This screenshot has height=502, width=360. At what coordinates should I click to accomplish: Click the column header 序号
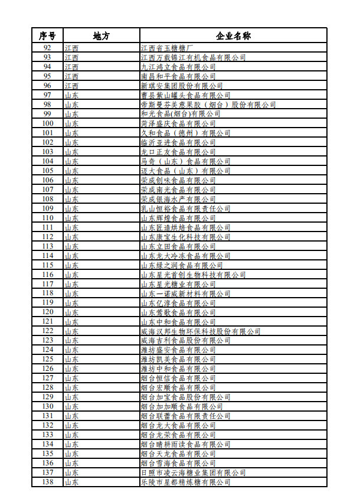click(x=48, y=35)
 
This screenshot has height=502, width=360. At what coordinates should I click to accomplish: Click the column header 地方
click(x=102, y=35)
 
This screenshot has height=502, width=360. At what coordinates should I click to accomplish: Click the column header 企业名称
click(x=233, y=35)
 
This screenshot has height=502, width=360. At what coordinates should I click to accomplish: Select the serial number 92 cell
click(x=48, y=48)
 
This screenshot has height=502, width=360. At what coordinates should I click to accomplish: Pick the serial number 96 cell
click(x=48, y=86)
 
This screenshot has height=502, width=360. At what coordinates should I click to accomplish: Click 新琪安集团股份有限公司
click(x=178, y=86)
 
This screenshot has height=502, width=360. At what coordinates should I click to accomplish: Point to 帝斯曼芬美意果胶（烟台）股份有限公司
click(x=208, y=105)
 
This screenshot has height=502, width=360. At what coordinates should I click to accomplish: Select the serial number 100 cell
click(x=48, y=123)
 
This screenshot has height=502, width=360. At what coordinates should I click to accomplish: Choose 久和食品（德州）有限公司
click(x=186, y=133)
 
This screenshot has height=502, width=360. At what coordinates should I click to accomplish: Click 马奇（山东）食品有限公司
click(x=186, y=161)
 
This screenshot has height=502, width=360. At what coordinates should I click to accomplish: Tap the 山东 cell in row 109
click(x=72, y=208)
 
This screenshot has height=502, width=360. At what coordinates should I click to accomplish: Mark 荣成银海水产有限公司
click(x=178, y=199)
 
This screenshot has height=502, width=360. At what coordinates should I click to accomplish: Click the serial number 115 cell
click(x=48, y=265)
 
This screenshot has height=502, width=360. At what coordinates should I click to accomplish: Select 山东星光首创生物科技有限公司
click(x=193, y=275)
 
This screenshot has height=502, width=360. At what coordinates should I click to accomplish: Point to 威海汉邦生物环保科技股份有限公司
click(x=201, y=331)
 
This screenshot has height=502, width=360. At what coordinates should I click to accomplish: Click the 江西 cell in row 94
click(x=72, y=67)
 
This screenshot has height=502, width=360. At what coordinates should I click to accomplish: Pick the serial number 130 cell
click(x=48, y=406)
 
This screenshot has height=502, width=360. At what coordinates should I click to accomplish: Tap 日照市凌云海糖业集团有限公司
click(x=193, y=472)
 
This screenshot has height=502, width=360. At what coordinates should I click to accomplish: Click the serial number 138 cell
click(x=48, y=482)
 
